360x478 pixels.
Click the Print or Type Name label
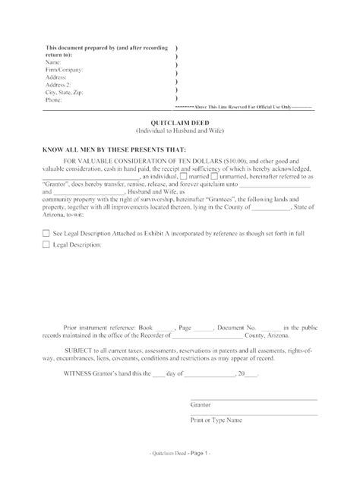pyautogui.click(x=216, y=420)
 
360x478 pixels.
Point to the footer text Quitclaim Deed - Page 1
pyautogui.click(x=179, y=453)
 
